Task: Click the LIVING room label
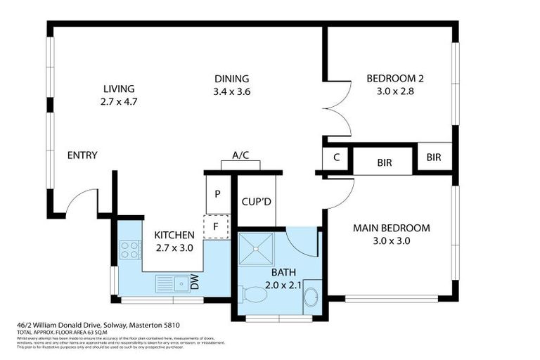(x=118, y=89)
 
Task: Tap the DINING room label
(x=231, y=79)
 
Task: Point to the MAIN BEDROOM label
(x=391, y=228)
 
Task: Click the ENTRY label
(x=82, y=155)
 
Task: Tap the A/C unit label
(x=240, y=156)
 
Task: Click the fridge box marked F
(x=218, y=226)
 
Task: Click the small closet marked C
(x=336, y=157)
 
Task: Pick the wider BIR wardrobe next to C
(x=384, y=162)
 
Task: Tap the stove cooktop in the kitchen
(x=130, y=250)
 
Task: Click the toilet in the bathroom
(x=253, y=295)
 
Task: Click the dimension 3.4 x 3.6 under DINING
(x=231, y=91)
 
